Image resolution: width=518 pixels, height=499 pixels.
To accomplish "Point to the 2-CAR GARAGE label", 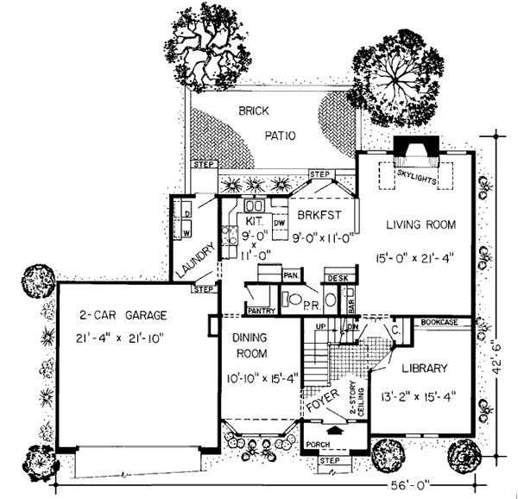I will (x=123, y=315).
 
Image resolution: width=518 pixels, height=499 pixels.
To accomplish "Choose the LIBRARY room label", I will (x=424, y=369).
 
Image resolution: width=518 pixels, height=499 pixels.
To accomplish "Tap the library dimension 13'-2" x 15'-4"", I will (x=423, y=398).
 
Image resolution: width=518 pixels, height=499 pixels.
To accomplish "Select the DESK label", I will (x=336, y=279).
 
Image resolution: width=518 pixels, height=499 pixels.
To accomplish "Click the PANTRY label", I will (x=260, y=310).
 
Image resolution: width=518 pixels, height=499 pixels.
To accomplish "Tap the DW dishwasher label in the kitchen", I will (x=279, y=223).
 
